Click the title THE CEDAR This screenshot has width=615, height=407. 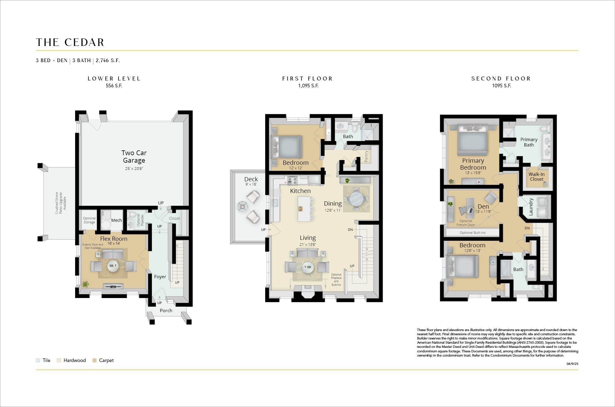(x=70, y=42)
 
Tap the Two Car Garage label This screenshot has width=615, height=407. (x=134, y=157)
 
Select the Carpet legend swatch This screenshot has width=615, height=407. (x=94, y=360)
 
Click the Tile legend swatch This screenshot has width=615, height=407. (x=38, y=360)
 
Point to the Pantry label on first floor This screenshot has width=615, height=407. (x=366, y=156)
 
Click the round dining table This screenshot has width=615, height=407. (x=356, y=199)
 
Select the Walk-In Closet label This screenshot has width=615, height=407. (x=536, y=176)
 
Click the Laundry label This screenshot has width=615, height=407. (x=531, y=207)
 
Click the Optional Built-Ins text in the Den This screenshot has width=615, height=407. (x=472, y=233)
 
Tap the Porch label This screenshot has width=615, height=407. (x=166, y=311)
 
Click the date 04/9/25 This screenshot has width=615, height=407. (x=572, y=364)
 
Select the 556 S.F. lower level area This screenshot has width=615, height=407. (x=114, y=86)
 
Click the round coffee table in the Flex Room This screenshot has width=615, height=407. (x=113, y=266)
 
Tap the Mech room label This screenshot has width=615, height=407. (x=117, y=220)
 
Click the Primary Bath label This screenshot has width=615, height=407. (x=529, y=142)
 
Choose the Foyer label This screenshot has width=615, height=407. (x=160, y=277)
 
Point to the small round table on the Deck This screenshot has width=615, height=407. (x=242, y=206)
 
